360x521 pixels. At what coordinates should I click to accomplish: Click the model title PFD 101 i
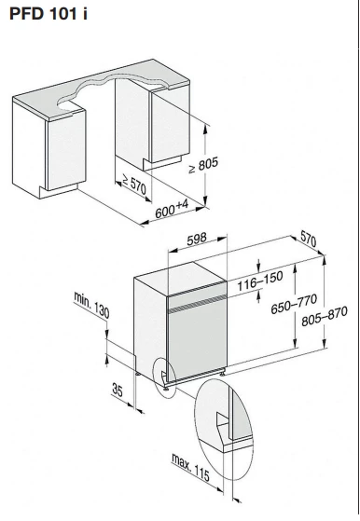(x=48, y=14)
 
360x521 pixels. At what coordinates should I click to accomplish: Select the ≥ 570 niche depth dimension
(x=134, y=184)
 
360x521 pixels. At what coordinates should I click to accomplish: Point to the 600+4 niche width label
(x=172, y=209)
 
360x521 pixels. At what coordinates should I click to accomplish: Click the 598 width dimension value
(x=197, y=239)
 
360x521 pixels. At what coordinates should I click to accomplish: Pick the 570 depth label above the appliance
(x=309, y=239)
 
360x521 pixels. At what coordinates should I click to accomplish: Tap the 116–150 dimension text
(x=260, y=281)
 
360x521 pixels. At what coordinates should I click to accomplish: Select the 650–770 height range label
(x=294, y=304)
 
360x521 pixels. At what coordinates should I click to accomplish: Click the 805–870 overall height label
(x=325, y=316)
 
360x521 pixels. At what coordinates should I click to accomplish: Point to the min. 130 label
(x=91, y=305)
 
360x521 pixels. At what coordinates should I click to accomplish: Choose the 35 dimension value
(x=118, y=390)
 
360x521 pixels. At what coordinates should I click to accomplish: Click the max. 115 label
(x=191, y=467)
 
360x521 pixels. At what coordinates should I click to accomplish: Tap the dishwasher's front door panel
(x=198, y=338)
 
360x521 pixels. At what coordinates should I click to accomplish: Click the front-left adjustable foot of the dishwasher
(x=165, y=388)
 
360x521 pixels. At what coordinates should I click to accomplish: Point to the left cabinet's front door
(x=66, y=150)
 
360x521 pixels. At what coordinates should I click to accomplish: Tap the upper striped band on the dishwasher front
(x=197, y=288)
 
